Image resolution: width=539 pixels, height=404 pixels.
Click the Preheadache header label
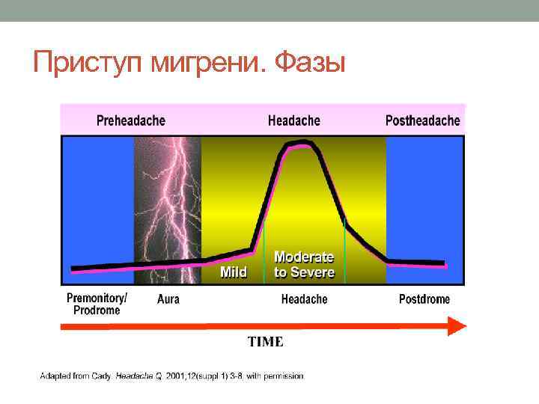pyautogui.click(x=131, y=120)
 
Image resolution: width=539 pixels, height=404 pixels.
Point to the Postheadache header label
pyautogui.click(x=422, y=120)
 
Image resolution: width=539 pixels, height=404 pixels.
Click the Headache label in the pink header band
pyautogui.click(x=293, y=120)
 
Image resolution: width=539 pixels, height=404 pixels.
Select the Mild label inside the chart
pyautogui.click(x=234, y=272)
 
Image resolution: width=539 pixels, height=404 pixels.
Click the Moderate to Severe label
pyautogui.click(x=304, y=265)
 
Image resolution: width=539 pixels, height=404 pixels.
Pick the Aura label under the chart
pyautogui.click(x=168, y=299)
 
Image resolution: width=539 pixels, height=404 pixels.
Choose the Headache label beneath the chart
pyautogui.click(x=304, y=299)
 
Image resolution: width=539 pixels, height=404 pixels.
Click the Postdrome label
pyautogui.click(x=424, y=299)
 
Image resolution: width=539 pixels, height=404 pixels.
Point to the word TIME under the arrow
pyautogui.click(x=266, y=342)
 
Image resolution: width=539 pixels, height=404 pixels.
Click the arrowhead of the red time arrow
pyautogui.click(x=456, y=325)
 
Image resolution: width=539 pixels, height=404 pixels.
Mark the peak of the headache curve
pyautogui.click(x=299, y=141)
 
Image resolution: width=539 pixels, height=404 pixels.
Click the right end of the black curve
pyautogui.click(x=445, y=263)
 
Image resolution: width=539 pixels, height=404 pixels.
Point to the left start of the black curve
pyautogui.click(x=73, y=268)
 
